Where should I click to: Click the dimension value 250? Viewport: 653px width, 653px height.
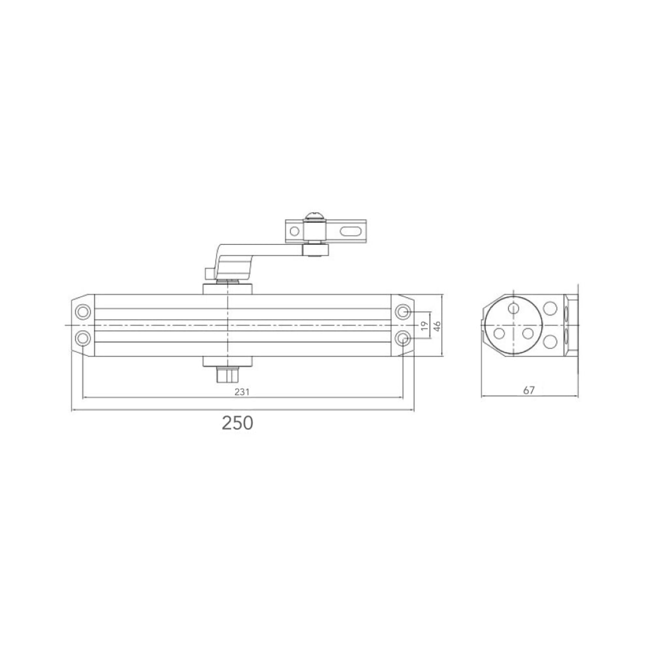coord(237,423)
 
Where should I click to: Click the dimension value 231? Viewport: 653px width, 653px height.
coord(242,392)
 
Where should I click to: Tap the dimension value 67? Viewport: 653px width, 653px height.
coord(528,390)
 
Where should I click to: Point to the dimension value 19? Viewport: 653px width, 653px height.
coord(424,326)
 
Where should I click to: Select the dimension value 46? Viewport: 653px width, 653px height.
coord(437,326)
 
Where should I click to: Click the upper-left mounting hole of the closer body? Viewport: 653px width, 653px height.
coord(83,311)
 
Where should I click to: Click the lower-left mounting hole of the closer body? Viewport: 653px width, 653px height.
coord(83,338)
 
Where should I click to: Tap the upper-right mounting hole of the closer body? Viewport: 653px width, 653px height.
coord(403,311)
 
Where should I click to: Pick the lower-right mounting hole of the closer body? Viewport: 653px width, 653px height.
coord(403,338)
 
